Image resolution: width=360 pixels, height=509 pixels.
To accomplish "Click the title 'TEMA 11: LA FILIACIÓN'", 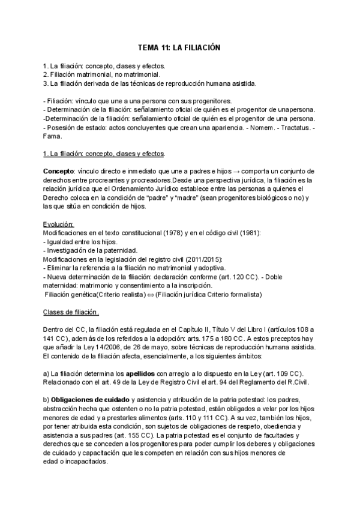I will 179,47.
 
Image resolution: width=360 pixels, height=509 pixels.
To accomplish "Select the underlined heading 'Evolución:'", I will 59,224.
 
